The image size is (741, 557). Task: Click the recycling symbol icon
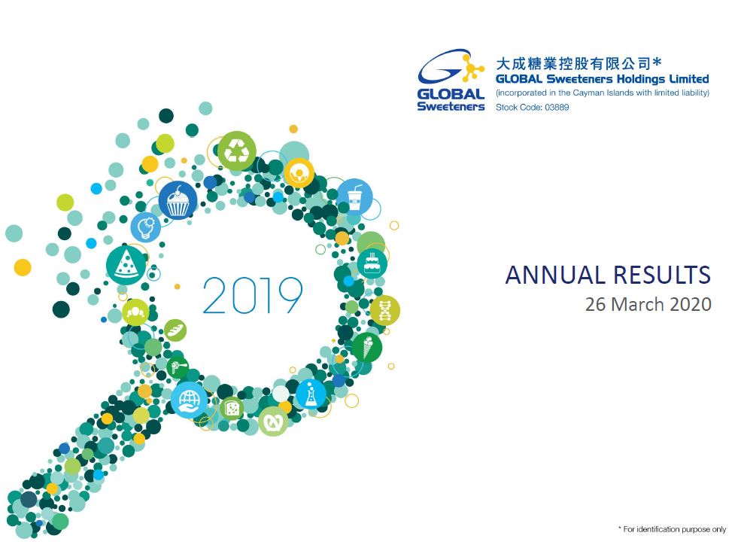[237, 151]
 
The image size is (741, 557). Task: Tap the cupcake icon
[178, 200]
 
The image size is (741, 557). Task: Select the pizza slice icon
[126, 265]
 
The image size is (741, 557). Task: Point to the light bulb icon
[146, 227]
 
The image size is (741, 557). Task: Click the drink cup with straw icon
[354, 196]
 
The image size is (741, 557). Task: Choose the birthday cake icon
[372, 263]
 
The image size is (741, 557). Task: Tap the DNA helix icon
[384, 311]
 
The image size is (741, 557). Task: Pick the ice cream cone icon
[366, 348]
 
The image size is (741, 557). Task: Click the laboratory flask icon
[311, 394]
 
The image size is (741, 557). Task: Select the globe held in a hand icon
[189, 400]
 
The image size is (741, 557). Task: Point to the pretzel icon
[273, 421]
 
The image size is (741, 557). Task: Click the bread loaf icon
[175, 330]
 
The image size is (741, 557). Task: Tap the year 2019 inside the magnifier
[252, 296]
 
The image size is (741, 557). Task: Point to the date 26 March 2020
[648, 304]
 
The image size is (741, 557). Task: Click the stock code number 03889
[557, 108]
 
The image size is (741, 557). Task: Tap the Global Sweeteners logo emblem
[451, 80]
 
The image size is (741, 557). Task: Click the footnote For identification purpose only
[674, 529]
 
